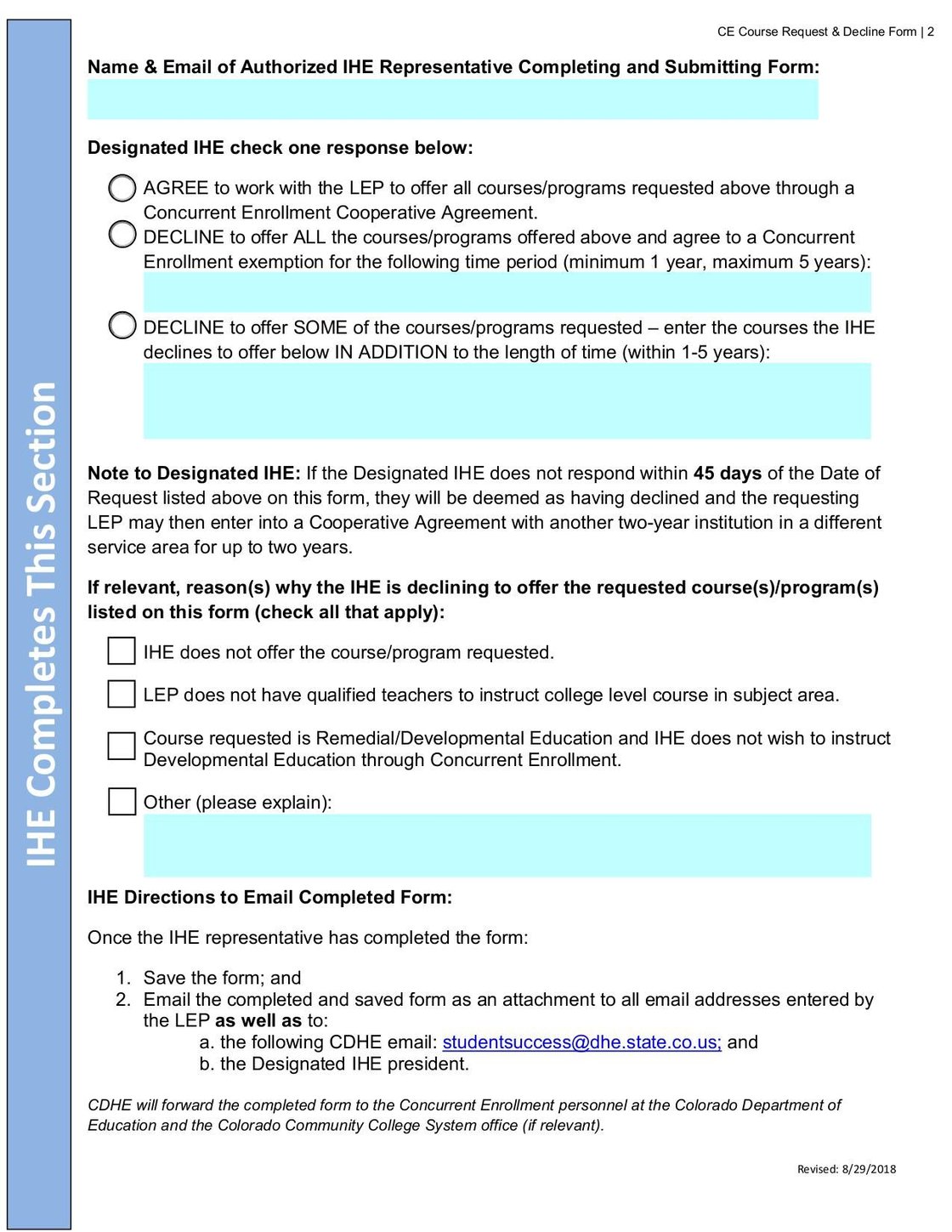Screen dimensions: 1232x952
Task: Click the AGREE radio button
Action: (122, 188)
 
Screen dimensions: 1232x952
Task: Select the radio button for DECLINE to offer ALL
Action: (122, 234)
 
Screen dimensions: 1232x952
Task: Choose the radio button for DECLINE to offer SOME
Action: (122, 325)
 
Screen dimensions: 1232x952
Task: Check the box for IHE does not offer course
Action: (122, 651)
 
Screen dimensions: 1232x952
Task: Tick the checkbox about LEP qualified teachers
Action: (122, 694)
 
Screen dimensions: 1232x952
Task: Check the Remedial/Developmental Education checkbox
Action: (122, 746)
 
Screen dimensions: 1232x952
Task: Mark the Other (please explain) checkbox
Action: (122, 801)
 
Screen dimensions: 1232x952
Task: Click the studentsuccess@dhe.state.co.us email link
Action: (581, 1042)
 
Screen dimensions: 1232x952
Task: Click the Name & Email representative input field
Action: (452, 99)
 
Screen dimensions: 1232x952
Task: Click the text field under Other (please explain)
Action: (507, 845)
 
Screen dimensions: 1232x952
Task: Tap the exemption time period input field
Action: (507, 292)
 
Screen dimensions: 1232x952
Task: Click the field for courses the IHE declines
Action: (507, 400)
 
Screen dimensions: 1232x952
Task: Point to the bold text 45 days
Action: (727, 474)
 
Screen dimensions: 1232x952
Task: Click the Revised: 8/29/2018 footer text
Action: (846, 1169)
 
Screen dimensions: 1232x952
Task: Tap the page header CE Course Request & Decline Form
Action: (817, 31)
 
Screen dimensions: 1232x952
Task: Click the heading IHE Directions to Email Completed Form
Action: (269, 897)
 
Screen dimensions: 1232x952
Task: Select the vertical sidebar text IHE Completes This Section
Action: (40, 624)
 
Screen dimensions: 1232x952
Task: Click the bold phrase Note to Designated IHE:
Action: (194, 474)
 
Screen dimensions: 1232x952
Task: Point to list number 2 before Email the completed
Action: (123, 1000)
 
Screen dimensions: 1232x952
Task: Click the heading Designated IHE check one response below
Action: (280, 148)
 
